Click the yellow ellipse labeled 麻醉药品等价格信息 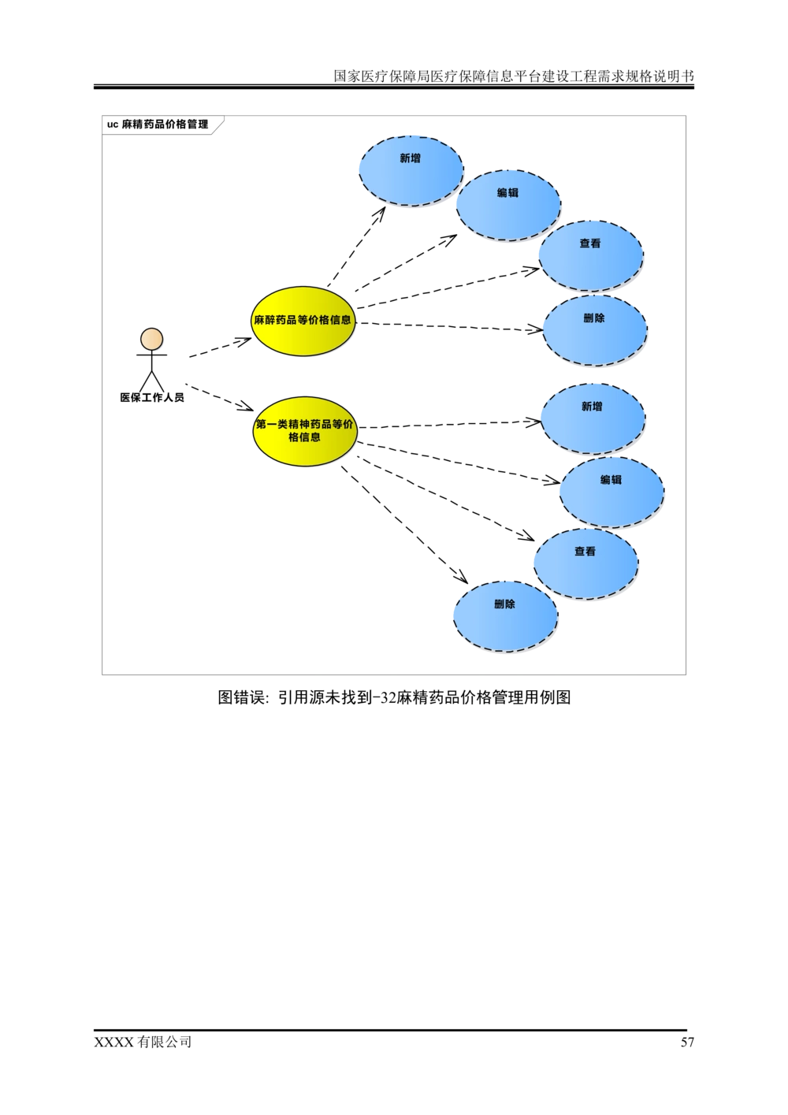303,321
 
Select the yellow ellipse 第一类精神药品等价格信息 305,431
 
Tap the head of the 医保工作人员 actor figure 152,340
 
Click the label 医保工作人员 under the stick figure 152,397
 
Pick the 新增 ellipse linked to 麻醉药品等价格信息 411,169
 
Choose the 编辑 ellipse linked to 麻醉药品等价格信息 508,205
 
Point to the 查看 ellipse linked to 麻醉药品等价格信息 591,255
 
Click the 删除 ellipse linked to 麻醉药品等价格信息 595,330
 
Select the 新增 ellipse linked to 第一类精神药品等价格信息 593,418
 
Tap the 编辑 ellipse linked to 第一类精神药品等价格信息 611,491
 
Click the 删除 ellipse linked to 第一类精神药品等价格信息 505,615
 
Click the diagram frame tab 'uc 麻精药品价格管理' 158,125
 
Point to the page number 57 687,1042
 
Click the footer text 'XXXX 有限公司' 143,1042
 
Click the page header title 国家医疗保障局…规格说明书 514,76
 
